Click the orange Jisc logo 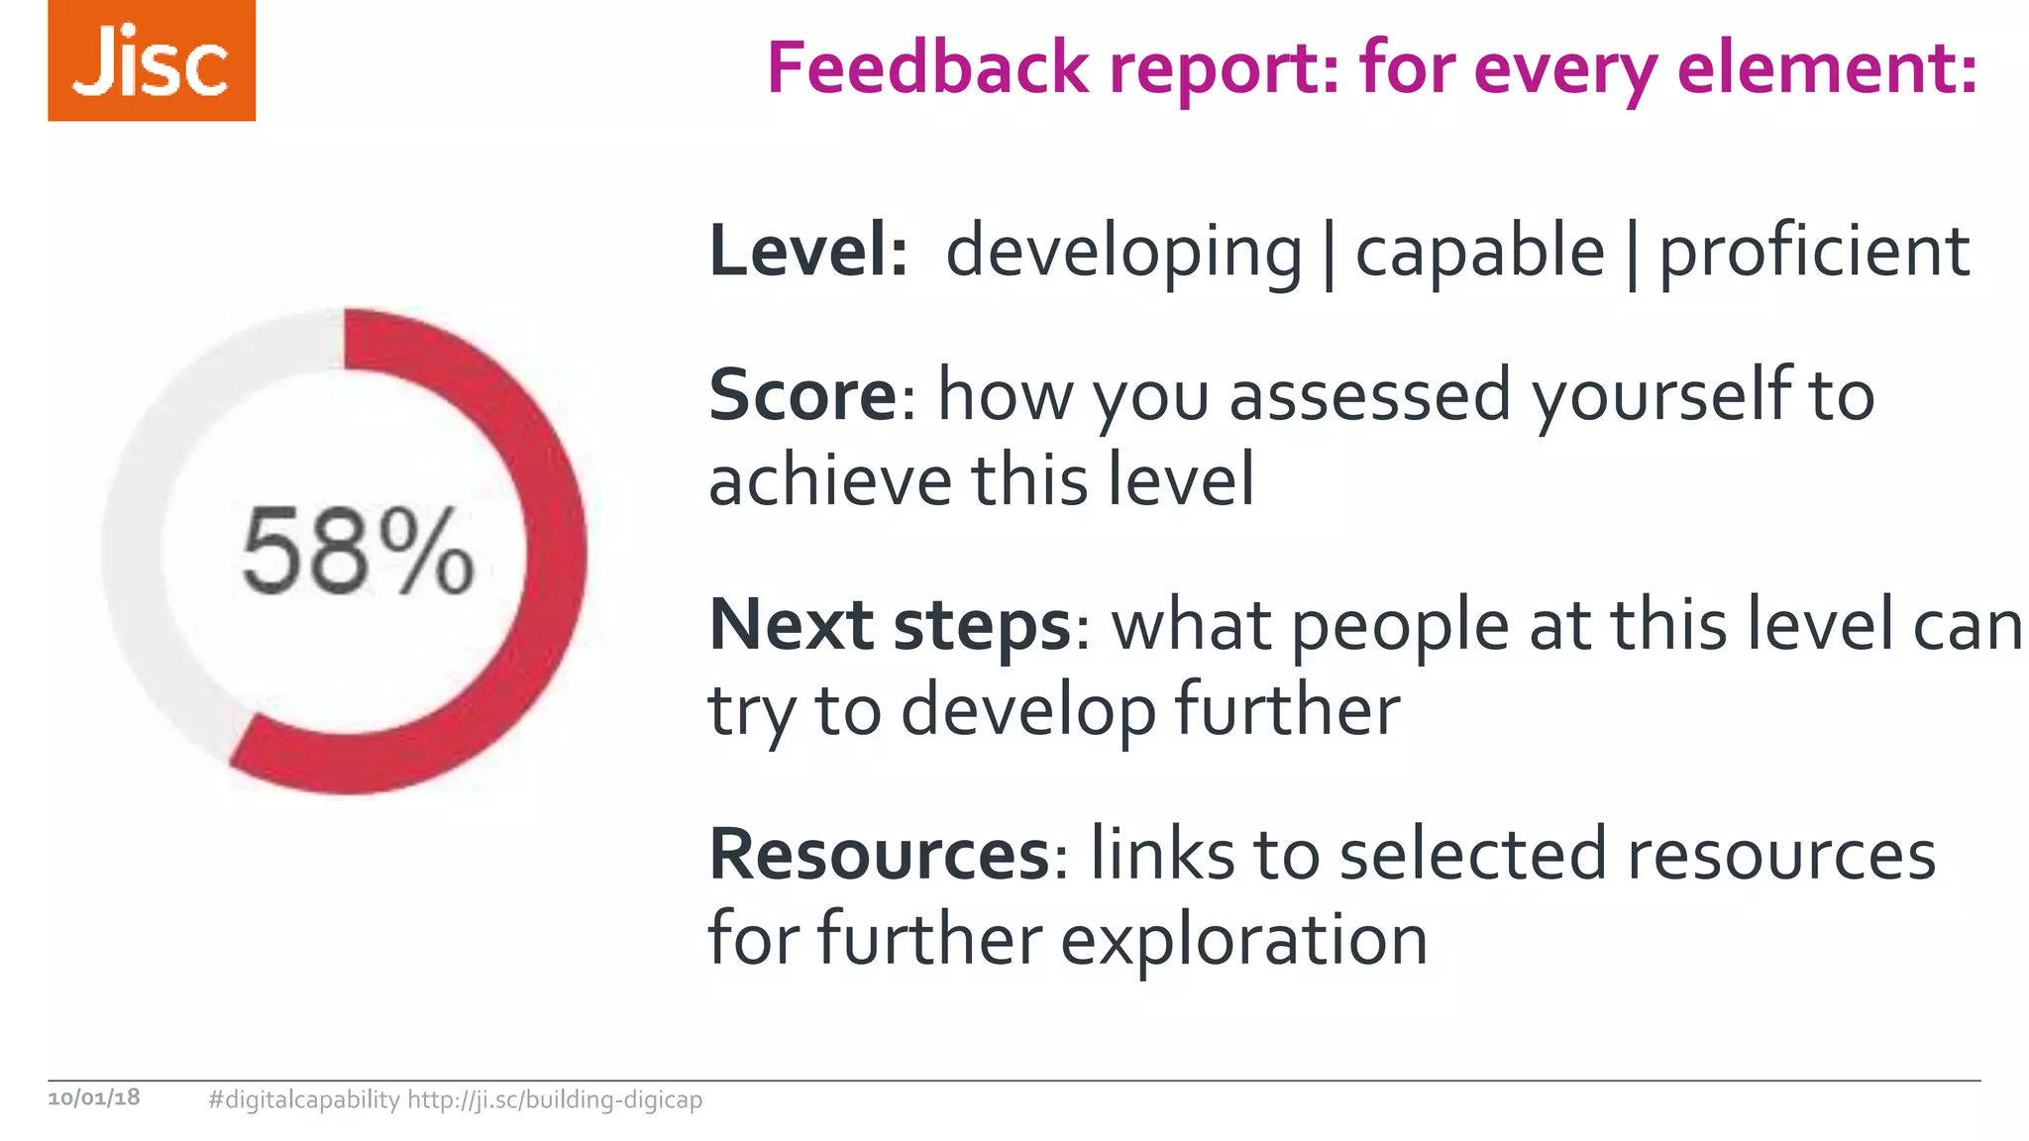coord(152,60)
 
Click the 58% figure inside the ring coord(358,551)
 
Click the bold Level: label coord(807,251)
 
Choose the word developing coord(1123,253)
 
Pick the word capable coord(1479,251)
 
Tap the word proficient coord(1813,253)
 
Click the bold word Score coord(802,394)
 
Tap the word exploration coord(1243,939)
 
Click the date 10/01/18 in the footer coord(94,1097)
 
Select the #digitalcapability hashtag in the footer coord(304,1099)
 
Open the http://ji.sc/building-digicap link coord(555,1099)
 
